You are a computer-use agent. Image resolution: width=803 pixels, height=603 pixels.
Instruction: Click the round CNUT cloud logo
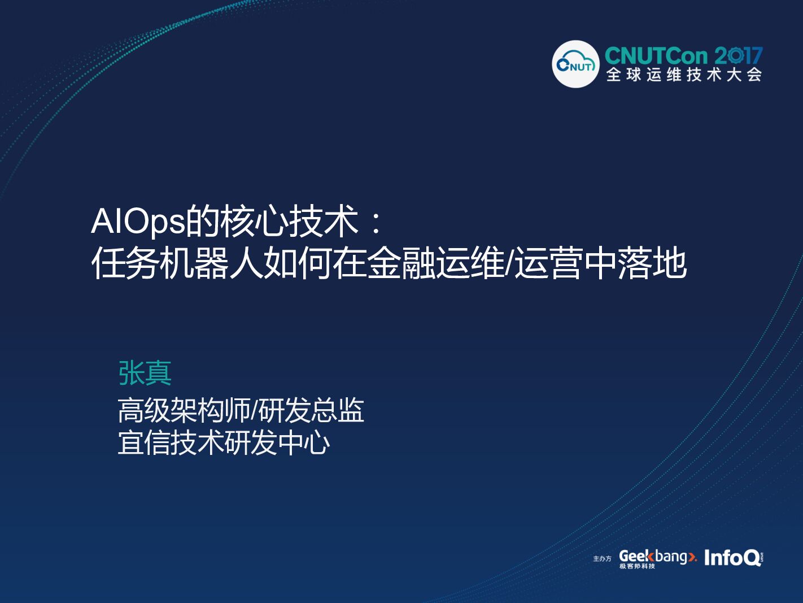[575, 64]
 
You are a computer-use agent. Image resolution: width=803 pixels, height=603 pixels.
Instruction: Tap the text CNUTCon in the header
[656, 56]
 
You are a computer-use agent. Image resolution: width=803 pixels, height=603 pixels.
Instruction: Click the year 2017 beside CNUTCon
[739, 56]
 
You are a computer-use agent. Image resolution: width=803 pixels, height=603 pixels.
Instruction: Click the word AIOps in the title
[138, 221]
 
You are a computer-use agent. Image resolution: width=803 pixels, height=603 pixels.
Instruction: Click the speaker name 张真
[145, 373]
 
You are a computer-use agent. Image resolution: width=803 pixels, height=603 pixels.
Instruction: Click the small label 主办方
[602, 558]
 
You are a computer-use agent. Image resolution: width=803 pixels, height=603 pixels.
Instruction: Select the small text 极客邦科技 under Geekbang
[637, 566]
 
